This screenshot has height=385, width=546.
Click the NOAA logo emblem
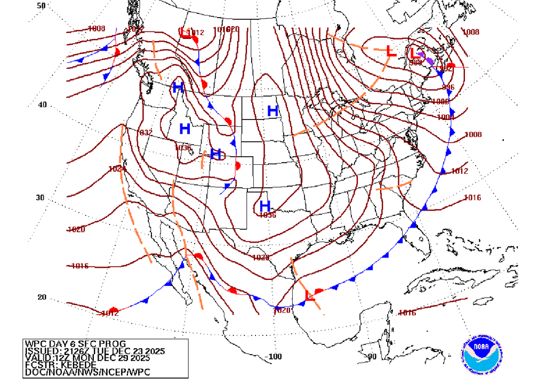(484, 355)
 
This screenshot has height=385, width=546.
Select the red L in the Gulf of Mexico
(309, 296)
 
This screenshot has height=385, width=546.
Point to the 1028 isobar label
(261, 258)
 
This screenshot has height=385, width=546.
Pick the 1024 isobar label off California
(117, 169)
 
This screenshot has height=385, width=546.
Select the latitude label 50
(41, 5)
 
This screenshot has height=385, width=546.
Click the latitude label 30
(41, 197)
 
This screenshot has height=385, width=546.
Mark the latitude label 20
(42, 298)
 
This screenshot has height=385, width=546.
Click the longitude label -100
(274, 356)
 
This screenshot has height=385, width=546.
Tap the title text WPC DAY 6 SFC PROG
(75, 343)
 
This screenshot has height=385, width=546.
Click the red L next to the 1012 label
(186, 34)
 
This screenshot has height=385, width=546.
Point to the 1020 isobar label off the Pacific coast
(77, 230)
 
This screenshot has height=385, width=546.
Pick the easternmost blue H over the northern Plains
(272, 111)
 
